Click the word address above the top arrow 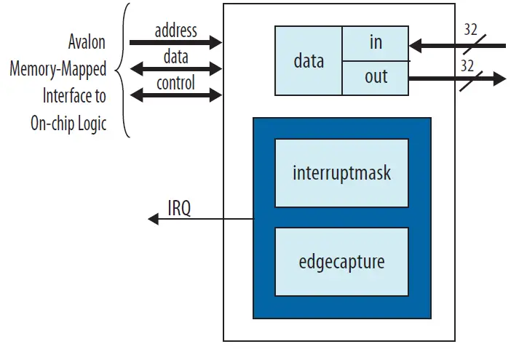coord(175,31)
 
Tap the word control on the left coord(175,83)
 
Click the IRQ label coord(179,209)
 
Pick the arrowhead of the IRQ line coord(152,219)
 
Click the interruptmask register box coord(341,173)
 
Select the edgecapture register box coord(341,262)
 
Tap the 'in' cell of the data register coord(376,43)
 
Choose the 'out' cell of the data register coord(376,77)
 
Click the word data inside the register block coord(308,60)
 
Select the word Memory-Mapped coord(58,70)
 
